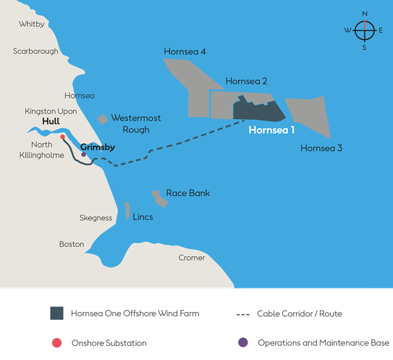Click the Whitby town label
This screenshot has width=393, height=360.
pos(32,24)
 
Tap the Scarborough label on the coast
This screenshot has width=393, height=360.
pos(35,51)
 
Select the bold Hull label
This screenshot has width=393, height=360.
pos(51,122)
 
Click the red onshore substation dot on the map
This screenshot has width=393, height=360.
pos(63,137)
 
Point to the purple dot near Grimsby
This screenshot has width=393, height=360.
pos(84,154)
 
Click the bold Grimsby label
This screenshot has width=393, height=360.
pos(97,147)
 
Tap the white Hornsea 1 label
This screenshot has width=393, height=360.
pos(271,130)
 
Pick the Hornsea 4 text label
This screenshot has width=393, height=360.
pos(184,52)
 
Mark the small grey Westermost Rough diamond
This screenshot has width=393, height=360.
pos(102,119)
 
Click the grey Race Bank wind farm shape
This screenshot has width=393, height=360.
pos(159,199)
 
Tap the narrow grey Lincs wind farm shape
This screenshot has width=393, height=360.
pos(127,211)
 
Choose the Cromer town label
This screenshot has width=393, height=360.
pos(192,257)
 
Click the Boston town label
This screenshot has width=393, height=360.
pos(72,244)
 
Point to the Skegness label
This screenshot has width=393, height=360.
pos(96,218)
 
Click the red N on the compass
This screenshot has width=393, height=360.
pos(365,14)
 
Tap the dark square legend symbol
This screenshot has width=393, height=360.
pos(56,314)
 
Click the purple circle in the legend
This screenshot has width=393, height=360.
pos(243,343)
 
